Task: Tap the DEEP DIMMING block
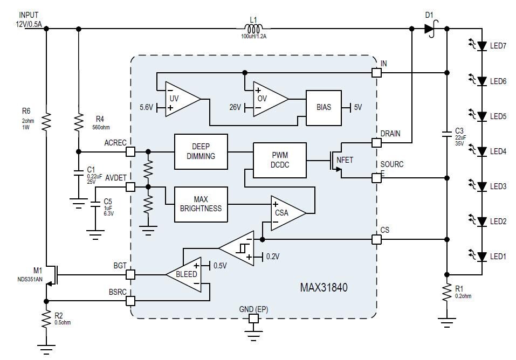coord(201,151)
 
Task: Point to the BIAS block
coord(324,107)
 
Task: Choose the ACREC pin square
coord(130,151)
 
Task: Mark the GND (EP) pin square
coord(253,319)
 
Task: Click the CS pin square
coord(376,239)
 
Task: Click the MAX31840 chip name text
coord(324,288)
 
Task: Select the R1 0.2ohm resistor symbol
coord(446,293)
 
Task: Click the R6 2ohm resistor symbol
coord(46,121)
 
